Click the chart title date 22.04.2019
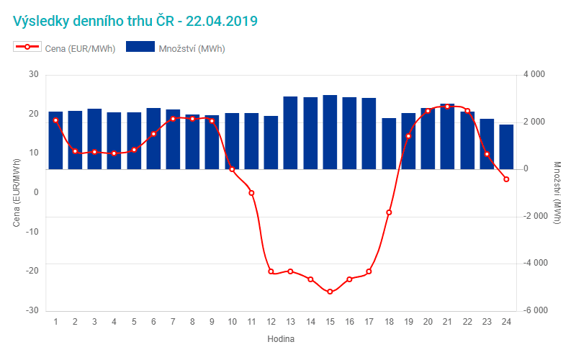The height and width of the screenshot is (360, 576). click(x=222, y=21)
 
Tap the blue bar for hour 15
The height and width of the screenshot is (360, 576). click(x=330, y=132)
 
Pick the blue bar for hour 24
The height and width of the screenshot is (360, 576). click(x=506, y=147)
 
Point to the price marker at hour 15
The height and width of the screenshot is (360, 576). click(x=330, y=292)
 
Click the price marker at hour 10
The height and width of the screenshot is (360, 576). click(x=232, y=169)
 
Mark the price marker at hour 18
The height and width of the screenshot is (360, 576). click(x=389, y=212)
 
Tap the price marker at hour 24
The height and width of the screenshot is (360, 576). click(x=506, y=179)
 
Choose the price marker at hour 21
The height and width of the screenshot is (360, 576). click(x=447, y=107)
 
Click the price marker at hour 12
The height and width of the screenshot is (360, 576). click(x=271, y=271)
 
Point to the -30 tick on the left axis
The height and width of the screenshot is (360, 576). click(x=32, y=310)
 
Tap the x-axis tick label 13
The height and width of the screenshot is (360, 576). click(x=290, y=322)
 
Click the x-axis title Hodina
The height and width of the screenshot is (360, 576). click(x=281, y=338)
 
